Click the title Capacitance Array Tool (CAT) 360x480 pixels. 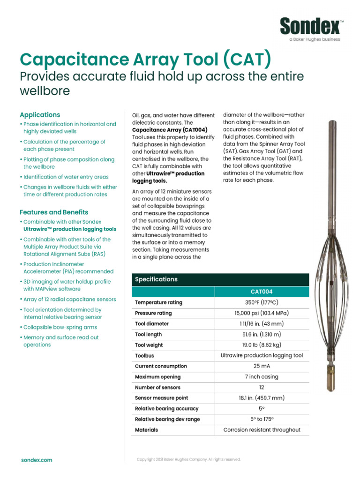point(145,60)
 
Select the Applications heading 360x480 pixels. point(40,114)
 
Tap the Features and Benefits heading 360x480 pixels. point(53,212)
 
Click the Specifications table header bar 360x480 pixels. point(220,279)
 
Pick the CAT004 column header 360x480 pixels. point(262,292)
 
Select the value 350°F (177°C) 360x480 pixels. point(262,302)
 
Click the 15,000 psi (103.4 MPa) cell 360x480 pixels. point(262,313)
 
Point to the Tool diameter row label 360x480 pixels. point(152,324)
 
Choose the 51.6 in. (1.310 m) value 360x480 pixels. point(262,334)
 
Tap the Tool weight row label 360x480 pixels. point(149,345)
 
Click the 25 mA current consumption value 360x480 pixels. point(262,366)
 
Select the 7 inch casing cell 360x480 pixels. point(262,377)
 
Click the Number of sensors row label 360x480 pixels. point(157,388)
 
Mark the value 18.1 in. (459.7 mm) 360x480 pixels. point(262,398)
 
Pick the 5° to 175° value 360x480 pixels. point(262,419)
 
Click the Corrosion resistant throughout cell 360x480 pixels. point(262,430)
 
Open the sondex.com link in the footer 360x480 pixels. point(37,460)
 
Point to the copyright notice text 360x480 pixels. point(188,459)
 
